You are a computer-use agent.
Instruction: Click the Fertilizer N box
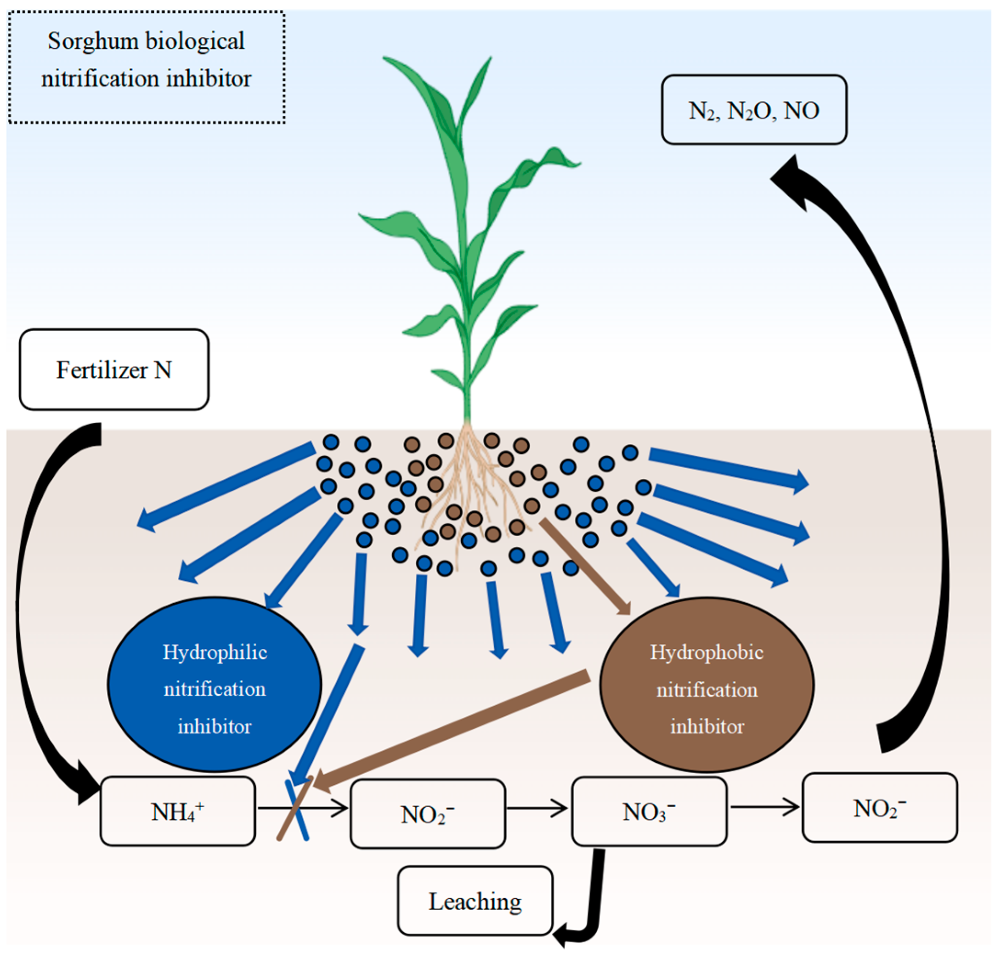coord(114,370)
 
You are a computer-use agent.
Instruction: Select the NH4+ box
coord(178,811)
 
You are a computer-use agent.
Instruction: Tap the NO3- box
coord(649,811)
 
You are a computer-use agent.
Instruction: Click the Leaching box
coord(475,901)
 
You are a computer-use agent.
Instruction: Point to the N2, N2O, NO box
coord(753,110)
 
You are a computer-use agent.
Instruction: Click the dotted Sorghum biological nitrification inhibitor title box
coord(147,67)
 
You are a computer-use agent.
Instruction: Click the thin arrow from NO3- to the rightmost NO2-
coord(764,807)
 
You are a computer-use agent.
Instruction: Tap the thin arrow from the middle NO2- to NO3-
coord(536,808)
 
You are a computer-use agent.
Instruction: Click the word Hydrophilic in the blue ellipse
coord(215,652)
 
